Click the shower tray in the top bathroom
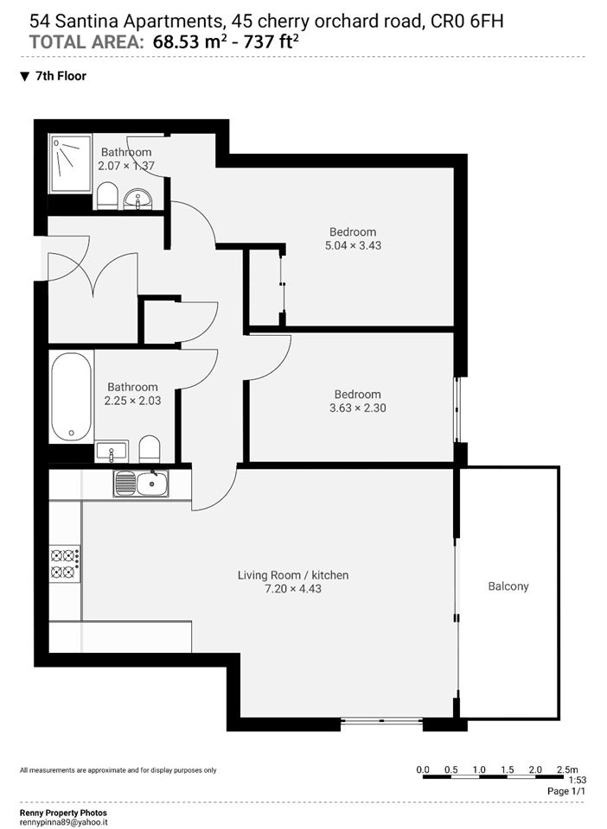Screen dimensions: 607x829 (x=70, y=164)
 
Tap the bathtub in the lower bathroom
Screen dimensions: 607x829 (x=72, y=396)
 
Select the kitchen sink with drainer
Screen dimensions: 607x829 (x=141, y=484)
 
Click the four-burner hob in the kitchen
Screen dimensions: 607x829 (x=65, y=564)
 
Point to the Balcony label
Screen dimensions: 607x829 (x=508, y=585)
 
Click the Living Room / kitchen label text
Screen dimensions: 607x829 (x=292, y=575)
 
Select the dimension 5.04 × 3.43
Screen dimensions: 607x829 (x=353, y=245)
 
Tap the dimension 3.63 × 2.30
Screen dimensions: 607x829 (x=358, y=408)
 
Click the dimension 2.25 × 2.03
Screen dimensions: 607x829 (x=132, y=401)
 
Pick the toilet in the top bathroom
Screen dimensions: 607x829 (x=107, y=196)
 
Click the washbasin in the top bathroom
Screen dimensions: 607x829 (x=137, y=199)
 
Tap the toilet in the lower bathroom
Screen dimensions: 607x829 (x=150, y=449)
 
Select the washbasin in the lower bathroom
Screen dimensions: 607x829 (x=112, y=451)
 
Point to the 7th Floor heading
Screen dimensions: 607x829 (x=61, y=76)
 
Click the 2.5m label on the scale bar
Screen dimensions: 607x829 (x=567, y=769)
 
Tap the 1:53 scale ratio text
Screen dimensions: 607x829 (x=578, y=781)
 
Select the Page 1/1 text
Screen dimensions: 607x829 (x=566, y=792)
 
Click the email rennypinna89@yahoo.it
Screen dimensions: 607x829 (x=63, y=823)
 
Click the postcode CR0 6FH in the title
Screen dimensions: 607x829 (x=467, y=21)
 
